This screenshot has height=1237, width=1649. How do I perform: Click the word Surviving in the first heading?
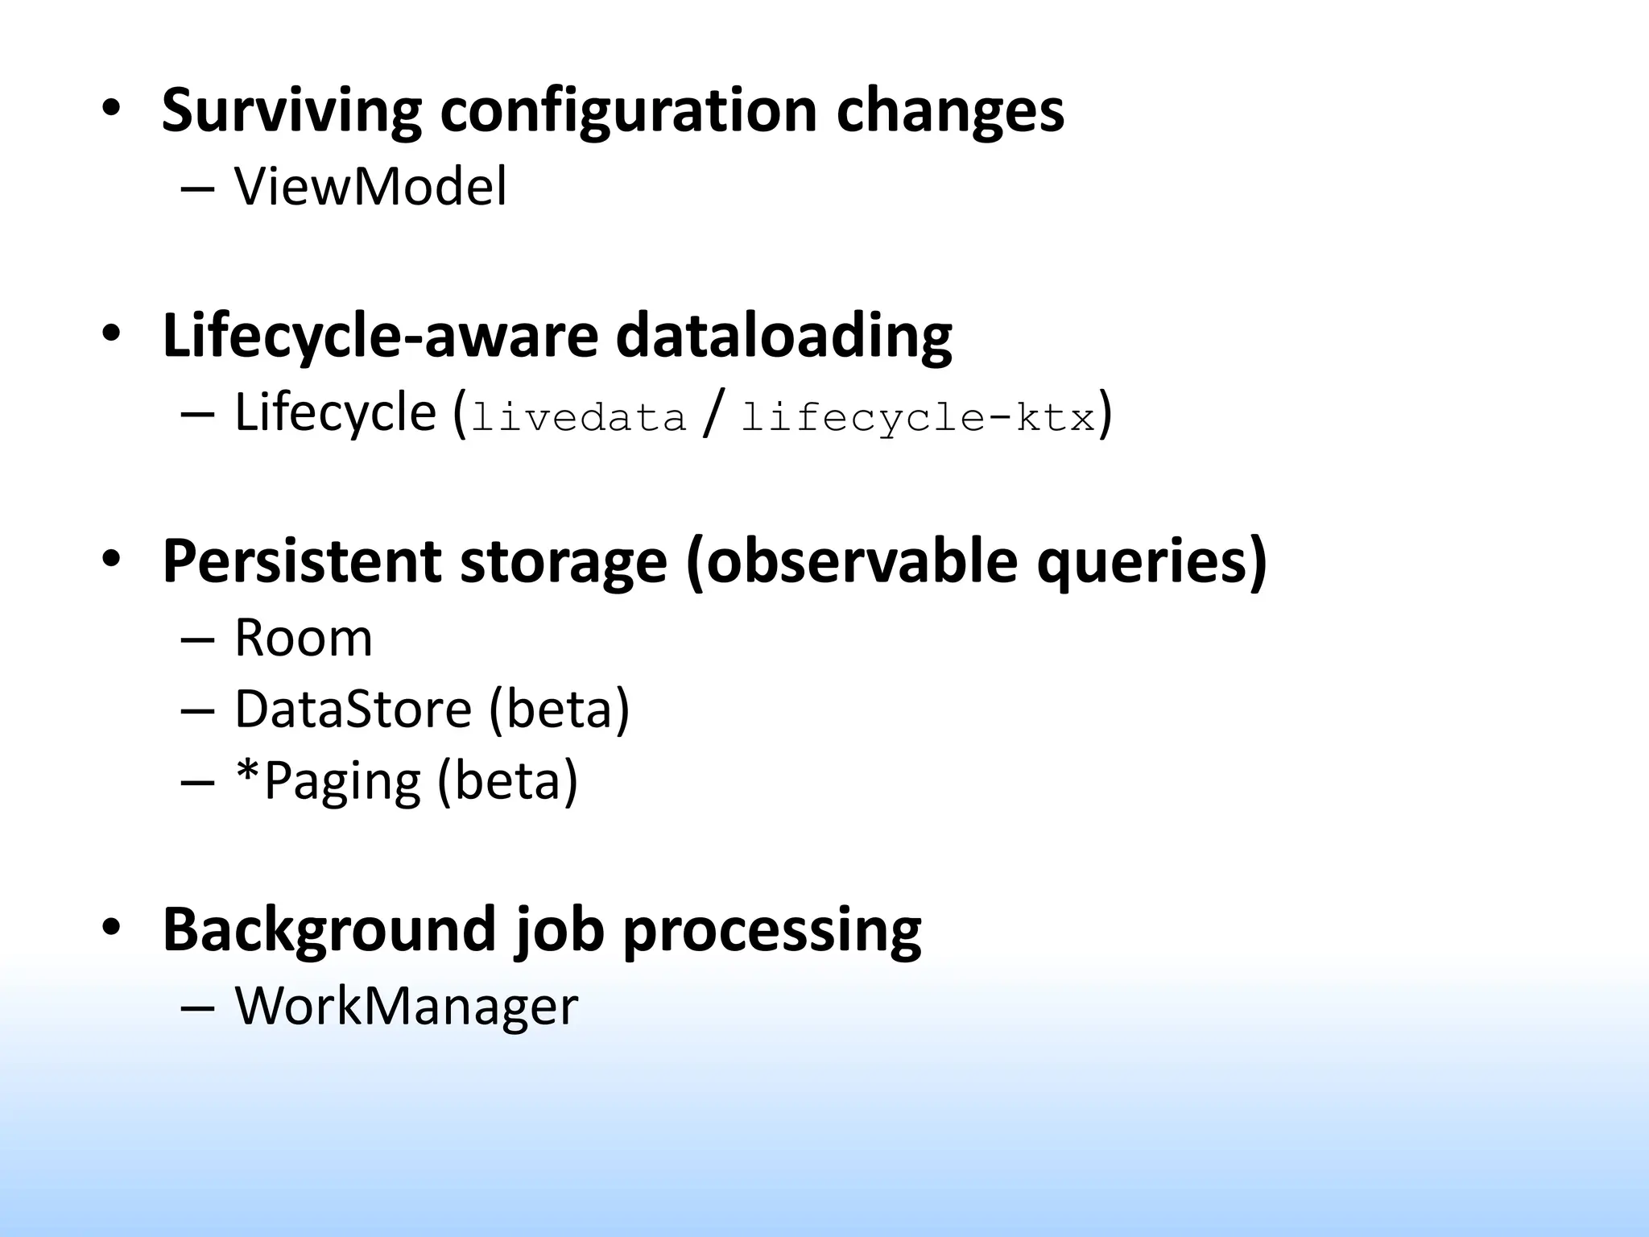click(x=291, y=111)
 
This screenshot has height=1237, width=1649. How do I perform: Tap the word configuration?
click(x=629, y=111)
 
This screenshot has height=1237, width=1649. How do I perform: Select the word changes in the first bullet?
click(x=950, y=111)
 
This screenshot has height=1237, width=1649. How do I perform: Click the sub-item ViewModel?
click(x=370, y=187)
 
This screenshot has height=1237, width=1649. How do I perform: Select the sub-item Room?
click(x=304, y=638)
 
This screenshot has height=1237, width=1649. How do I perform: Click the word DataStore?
click(x=353, y=710)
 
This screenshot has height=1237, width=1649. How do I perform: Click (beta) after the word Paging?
click(x=507, y=781)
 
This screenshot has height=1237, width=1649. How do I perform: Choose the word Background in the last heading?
click(x=329, y=929)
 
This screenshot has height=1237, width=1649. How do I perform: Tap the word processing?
click(x=772, y=929)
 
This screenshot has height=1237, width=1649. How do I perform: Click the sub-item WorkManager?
click(x=406, y=1006)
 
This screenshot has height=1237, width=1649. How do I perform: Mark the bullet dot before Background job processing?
click(x=110, y=927)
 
